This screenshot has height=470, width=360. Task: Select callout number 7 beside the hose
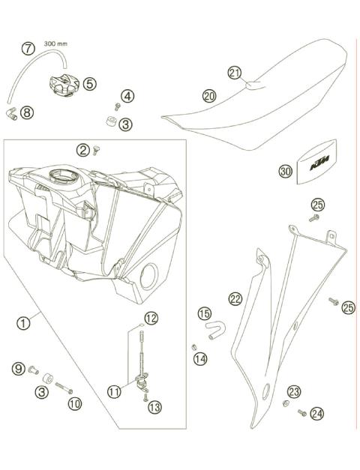pyautogui.click(x=28, y=49)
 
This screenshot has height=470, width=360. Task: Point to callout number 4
pyautogui.click(x=128, y=96)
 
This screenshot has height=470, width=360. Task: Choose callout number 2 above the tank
pyautogui.click(x=82, y=150)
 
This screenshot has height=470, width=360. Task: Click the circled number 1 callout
pyautogui.click(x=24, y=323)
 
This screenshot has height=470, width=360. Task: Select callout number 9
pyautogui.click(x=18, y=368)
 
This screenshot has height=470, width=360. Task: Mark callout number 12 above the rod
pyautogui.click(x=151, y=318)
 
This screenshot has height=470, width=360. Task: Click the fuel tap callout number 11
pyautogui.click(x=114, y=390)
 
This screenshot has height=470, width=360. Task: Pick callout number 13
pyautogui.click(x=154, y=407)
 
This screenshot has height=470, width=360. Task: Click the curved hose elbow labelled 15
pyautogui.click(x=214, y=328)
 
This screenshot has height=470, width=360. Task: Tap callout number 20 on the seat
pyautogui.click(x=209, y=96)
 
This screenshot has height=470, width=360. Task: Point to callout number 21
pyautogui.click(x=235, y=72)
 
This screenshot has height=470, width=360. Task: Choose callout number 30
pyautogui.click(x=285, y=172)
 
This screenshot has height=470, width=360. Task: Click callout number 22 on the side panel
pyautogui.click(x=235, y=299)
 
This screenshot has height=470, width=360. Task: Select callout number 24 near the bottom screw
pyautogui.click(x=318, y=412)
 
